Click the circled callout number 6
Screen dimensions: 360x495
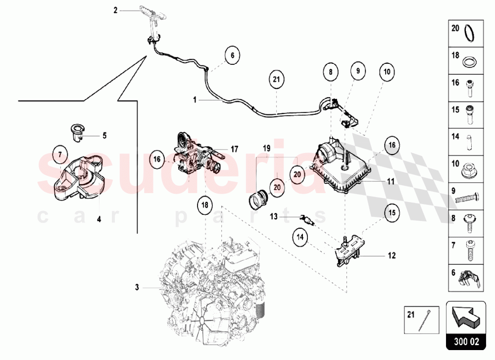coord(231,55)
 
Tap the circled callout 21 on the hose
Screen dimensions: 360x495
coord(277,79)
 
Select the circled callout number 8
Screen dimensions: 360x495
coord(330,72)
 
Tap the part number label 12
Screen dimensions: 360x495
coord(392,256)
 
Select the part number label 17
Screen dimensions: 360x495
coord(235,148)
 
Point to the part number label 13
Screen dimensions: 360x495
coord(274,216)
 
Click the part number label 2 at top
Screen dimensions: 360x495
coord(115,9)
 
